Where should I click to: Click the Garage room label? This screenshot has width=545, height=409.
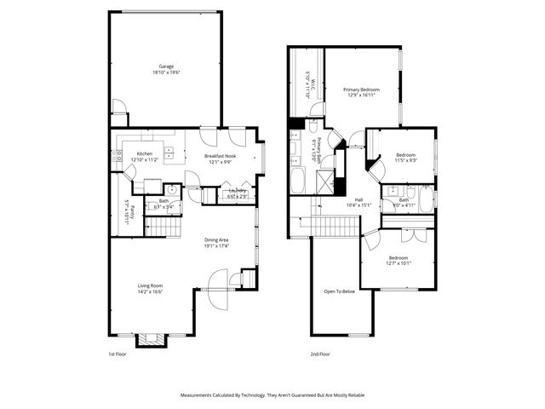(166, 66)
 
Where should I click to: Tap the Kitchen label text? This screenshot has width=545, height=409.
(145, 153)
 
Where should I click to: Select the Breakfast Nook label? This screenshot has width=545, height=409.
(220, 156)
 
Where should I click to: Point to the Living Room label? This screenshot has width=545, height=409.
(151, 285)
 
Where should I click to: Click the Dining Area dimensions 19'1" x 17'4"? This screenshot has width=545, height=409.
(216, 246)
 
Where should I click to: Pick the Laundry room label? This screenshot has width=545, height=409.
(238, 191)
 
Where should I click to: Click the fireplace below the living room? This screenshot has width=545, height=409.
(151, 341)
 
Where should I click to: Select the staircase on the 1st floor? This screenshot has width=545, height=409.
(163, 227)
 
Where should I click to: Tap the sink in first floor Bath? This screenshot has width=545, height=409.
(170, 190)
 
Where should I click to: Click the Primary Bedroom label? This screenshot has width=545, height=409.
(361, 89)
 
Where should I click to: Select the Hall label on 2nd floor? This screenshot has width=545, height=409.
(359, 199)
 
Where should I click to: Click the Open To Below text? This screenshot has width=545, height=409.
(339, 291)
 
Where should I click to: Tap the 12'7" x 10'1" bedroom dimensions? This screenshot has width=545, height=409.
(399, 263)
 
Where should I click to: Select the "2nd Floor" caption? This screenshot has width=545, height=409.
(321, 353)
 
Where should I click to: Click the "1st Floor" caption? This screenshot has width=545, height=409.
(118, 353)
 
